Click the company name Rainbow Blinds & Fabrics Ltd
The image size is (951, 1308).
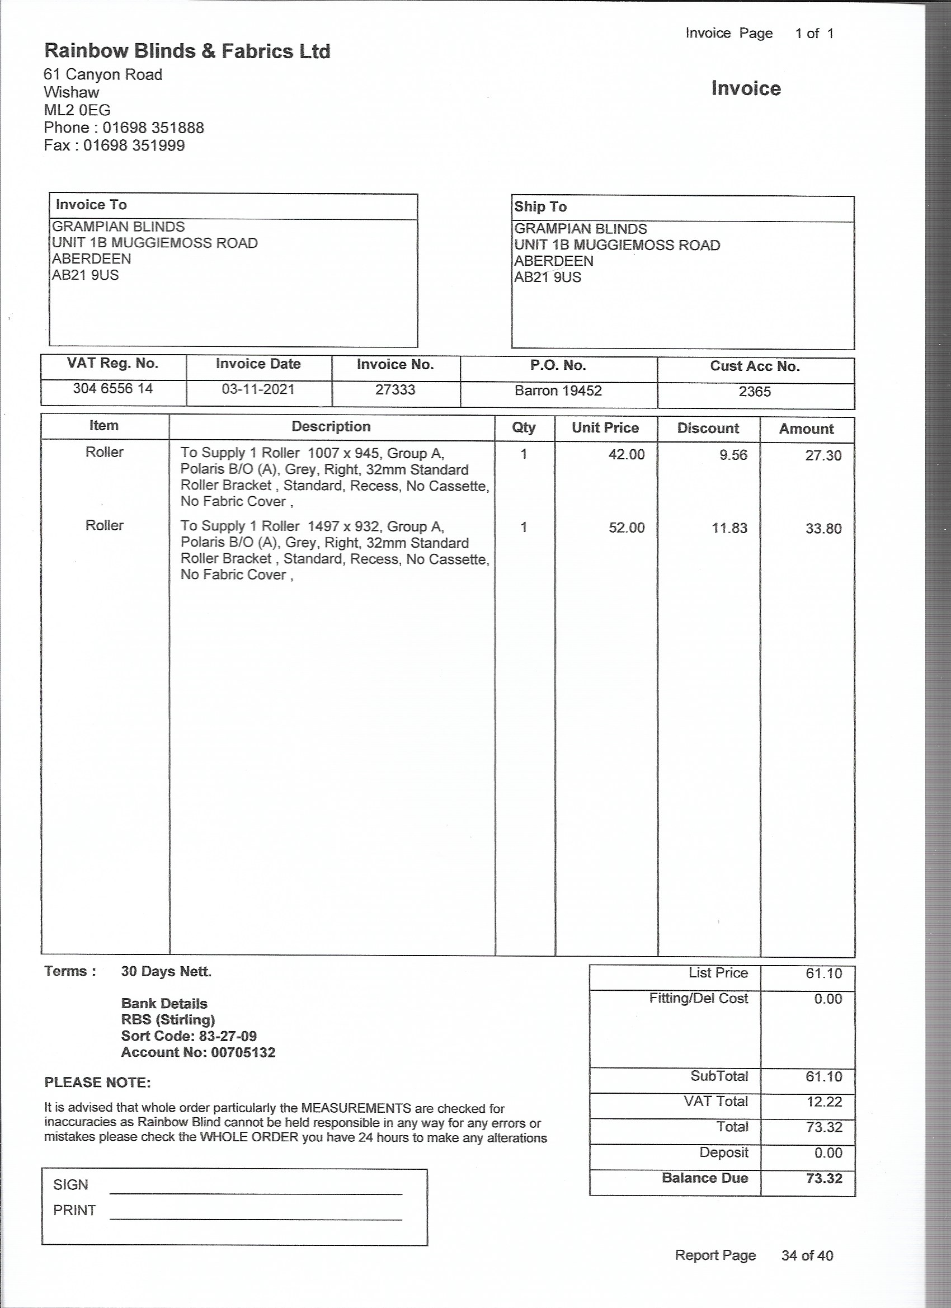(187, 51)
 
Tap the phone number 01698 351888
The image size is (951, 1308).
(153, 128)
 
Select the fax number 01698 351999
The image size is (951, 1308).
(134, 145)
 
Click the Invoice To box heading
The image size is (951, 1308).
(91, 205)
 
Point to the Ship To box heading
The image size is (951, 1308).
(540, 206)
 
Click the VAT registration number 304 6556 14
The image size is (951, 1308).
(112, 389)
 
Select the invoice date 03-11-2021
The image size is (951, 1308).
(258, 389)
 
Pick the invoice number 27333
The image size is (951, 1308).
(395, 390)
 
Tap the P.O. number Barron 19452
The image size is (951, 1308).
(558, 391)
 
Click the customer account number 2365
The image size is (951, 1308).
(754, 392)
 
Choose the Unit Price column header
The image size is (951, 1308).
(605, 428)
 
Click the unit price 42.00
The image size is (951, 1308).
(627, 455)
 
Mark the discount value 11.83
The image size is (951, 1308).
(729, 528)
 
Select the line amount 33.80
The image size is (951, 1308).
(823, 529)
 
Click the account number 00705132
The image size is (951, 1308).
(243, 1052)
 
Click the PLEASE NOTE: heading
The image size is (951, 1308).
(97, 1083)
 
